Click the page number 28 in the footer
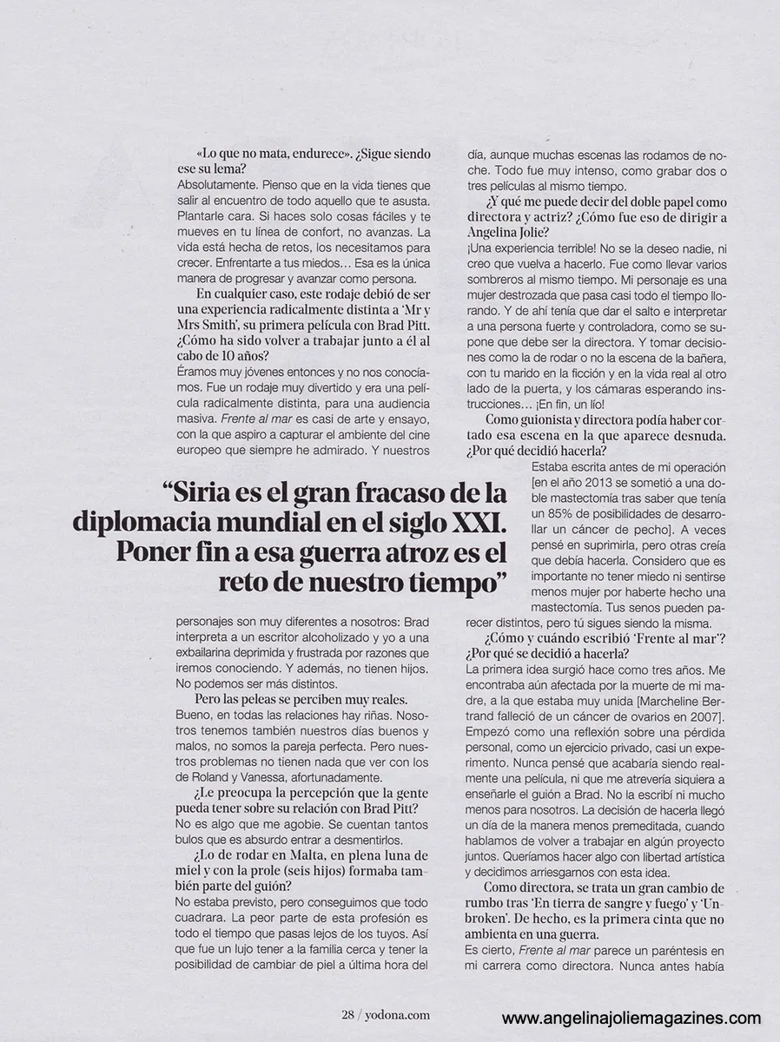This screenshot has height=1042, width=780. point(347,1013)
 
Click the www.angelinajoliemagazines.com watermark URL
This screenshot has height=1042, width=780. point(631,1019)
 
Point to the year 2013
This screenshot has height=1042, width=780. point(585,483)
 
